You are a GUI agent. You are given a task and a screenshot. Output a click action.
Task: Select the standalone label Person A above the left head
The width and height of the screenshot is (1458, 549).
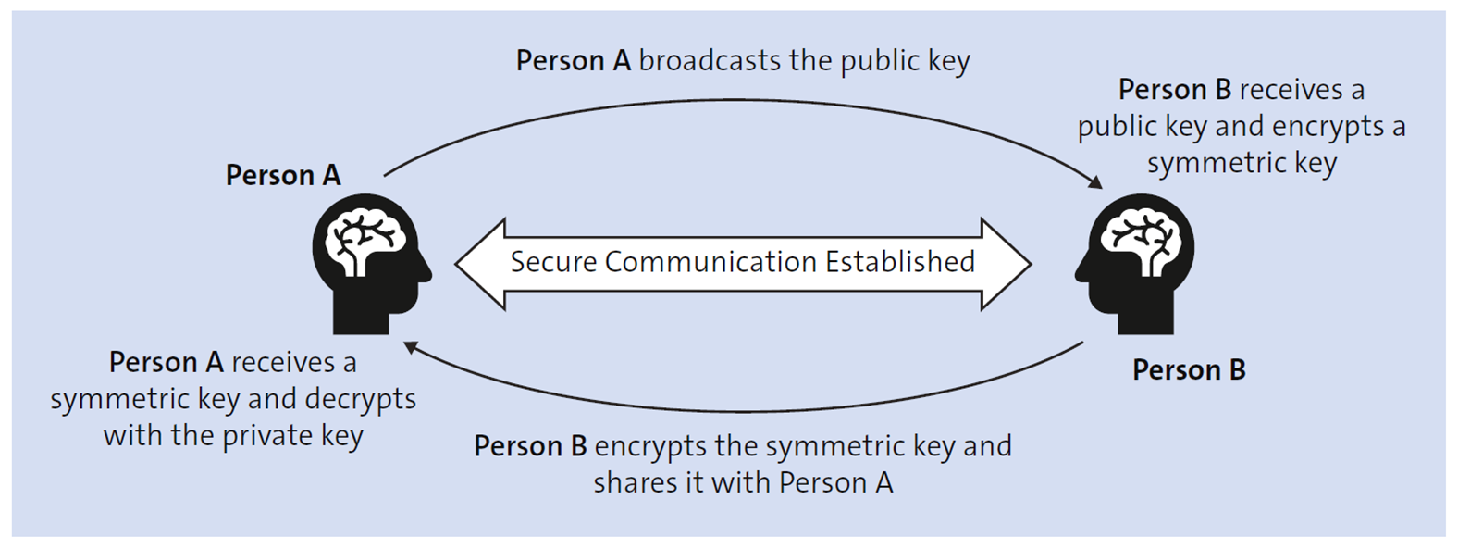283,175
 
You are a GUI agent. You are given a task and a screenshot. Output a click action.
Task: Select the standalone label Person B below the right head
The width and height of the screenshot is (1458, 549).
1189,369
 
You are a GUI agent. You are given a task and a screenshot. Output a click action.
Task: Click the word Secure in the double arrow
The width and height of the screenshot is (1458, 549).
553,262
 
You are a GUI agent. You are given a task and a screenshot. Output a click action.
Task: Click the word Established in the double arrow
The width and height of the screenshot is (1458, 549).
899,262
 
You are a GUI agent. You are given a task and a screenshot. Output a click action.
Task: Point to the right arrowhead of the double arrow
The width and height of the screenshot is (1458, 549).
1008,264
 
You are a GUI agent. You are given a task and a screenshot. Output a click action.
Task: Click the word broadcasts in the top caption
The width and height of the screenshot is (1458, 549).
710,61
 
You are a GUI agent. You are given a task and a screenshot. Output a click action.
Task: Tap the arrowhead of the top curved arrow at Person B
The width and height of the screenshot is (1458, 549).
1095,182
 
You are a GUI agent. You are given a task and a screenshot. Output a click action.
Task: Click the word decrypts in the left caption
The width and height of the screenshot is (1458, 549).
361,399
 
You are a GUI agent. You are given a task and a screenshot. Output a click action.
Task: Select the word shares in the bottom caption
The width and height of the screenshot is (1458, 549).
631,482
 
